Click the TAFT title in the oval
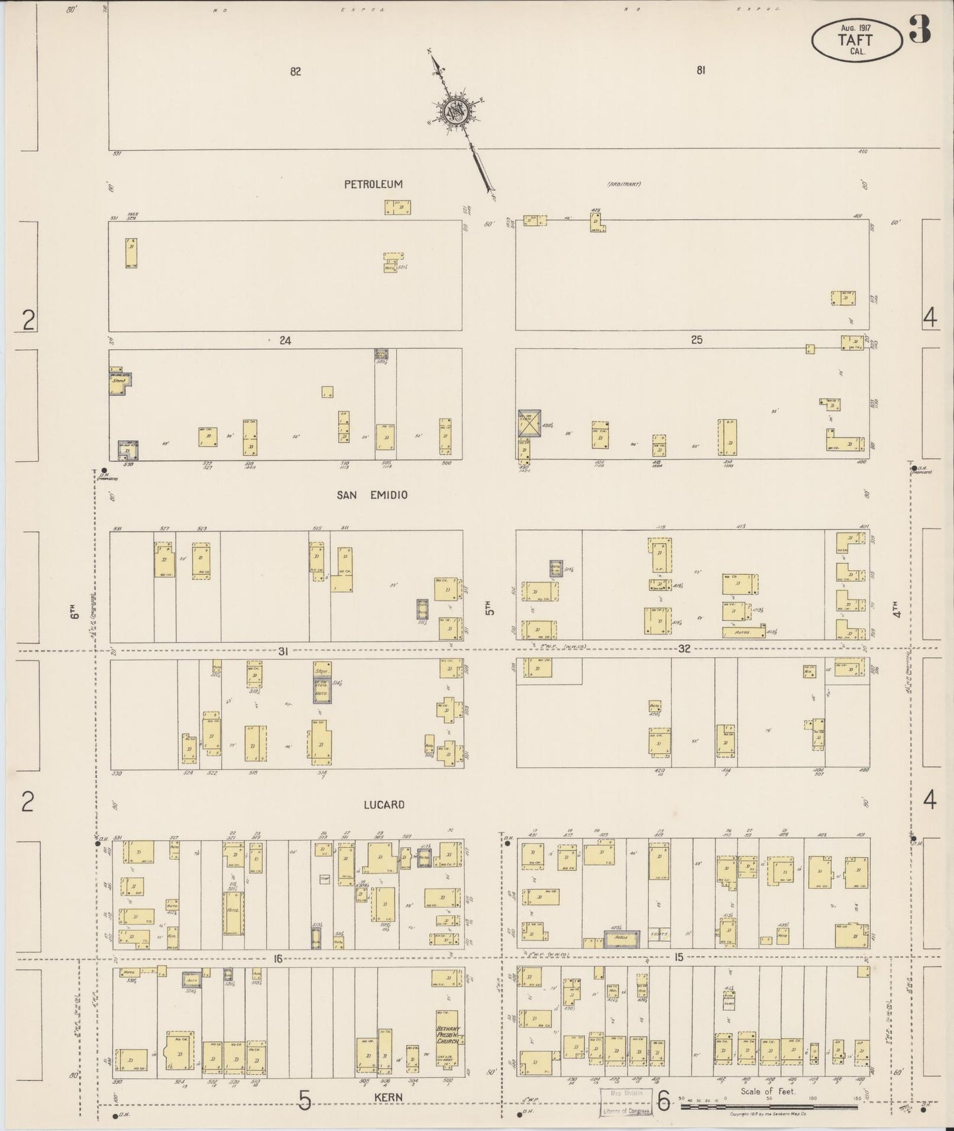(856, 39)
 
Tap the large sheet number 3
(919, 30)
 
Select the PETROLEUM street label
(373, 185)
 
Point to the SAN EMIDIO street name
(372, 495)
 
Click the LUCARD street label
(383, 805)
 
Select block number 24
(285, 340)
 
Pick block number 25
(697, 340)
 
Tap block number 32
(684, 649)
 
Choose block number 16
(278, 958)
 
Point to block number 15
(679, 957)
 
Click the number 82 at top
(295, 71)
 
